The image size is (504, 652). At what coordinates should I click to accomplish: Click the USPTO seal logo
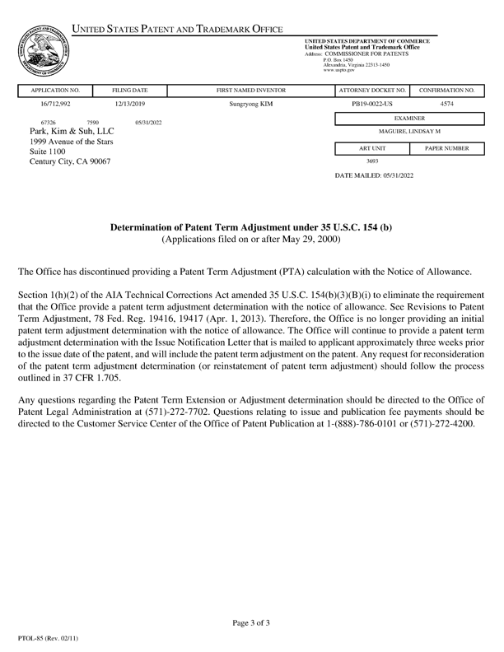(43, 51)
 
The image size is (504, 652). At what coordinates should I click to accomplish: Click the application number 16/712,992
(55, 105)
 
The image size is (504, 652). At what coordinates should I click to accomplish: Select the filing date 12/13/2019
(129, 105)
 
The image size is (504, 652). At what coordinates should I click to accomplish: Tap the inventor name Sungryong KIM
(250, 105)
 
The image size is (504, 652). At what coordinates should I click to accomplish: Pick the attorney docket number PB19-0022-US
(372, 105)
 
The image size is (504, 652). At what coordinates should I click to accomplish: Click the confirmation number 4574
(446, 105)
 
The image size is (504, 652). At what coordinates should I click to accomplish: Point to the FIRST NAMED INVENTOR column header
(250, 89)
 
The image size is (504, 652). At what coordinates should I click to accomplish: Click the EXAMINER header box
(409, 119)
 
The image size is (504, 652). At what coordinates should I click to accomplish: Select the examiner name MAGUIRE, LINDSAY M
(409, 132)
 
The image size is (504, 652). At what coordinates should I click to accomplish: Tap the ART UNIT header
(372, 148)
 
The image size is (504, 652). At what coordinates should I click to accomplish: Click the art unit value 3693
(372, 161)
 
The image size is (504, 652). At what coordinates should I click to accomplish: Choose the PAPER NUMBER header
(446, 148)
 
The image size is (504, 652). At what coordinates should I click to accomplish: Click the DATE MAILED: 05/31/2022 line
(374, 176)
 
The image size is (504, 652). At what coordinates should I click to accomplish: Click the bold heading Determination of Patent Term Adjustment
(251, 226)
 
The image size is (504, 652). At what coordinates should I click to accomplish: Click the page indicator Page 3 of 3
(250, 623)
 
